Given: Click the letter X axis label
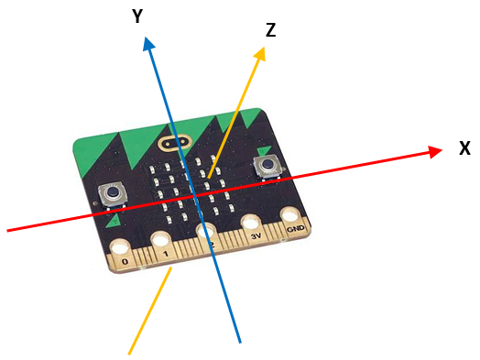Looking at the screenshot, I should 464,147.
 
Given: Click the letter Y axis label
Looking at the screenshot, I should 136,16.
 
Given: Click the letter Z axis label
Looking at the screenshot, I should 270,30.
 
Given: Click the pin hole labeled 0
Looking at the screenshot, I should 119,246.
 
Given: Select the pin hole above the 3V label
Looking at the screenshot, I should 251,224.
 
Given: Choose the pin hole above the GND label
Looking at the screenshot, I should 291,217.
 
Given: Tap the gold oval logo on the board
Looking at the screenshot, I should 173,143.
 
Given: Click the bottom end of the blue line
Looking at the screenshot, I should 239,342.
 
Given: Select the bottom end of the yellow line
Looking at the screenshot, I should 129,350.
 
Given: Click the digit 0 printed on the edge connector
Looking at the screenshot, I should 125,261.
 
